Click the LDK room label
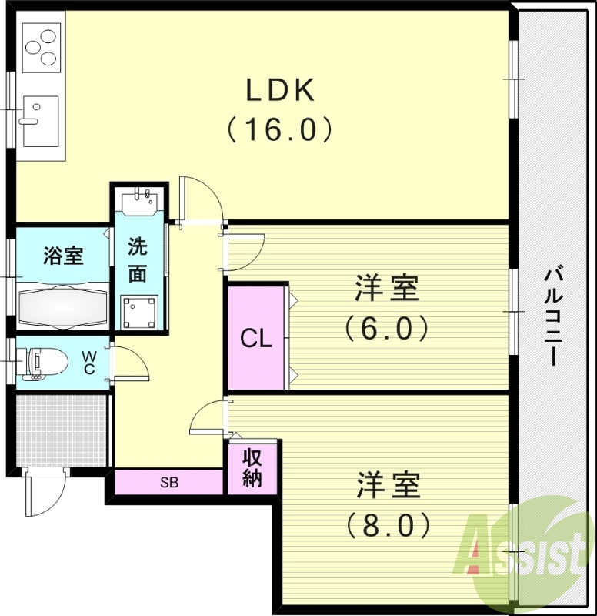280,91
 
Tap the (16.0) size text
280,129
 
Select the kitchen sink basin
38,120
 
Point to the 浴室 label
63,256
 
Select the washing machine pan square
140,312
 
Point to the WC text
89,363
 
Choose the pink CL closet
256,337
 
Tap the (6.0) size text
385,329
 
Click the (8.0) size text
387,525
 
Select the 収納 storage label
252,467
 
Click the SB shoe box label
169,483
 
